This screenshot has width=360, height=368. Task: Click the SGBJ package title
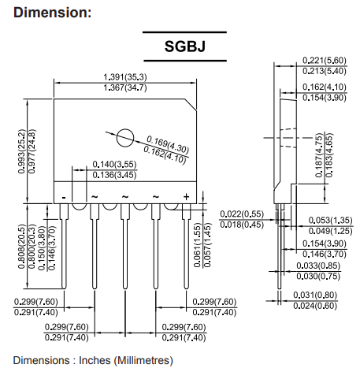pos(185,46)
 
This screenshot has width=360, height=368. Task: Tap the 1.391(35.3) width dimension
pos(125,77)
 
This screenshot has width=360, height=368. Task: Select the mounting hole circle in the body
pos(125,138)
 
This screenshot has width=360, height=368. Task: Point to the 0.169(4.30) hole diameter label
pos(168,144)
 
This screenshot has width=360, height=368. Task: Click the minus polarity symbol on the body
pos(64,197)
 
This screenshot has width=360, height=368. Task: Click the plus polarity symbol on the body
pos(186,197)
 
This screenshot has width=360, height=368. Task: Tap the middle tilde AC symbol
pos(125,196)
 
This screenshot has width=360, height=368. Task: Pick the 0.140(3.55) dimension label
pos(114,165)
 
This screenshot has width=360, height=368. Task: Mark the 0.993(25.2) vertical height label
pos(22,151)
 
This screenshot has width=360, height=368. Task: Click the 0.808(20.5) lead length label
pos(22,246)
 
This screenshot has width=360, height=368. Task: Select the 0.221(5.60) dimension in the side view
pos(325,61)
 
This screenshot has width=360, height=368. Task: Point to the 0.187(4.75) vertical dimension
pos(319,155)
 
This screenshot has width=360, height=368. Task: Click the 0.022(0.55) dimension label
pos(242,214)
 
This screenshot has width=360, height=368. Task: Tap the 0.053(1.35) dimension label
pos(330,220)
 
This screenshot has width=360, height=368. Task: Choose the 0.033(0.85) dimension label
pos(318,266)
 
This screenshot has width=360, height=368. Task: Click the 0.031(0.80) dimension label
pos(315,295)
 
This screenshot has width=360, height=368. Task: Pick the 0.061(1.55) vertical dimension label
pos(197,245)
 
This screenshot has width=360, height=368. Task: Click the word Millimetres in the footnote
pos(143,360)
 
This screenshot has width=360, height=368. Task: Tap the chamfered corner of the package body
pos(191,105)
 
